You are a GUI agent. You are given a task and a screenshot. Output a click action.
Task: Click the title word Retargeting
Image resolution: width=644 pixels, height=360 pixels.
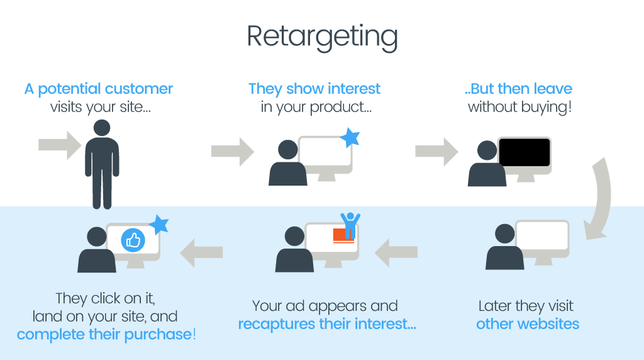pos(322,37)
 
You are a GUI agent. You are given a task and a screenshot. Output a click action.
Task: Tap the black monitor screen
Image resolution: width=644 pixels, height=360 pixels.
pos(525,153)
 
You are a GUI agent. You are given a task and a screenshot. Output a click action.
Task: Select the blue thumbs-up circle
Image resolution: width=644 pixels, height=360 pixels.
pos(133,240)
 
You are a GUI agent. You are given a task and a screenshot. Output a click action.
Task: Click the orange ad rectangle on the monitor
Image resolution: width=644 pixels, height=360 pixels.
pos(343,236)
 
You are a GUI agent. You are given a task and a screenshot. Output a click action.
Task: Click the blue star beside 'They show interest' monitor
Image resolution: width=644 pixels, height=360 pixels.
pos(350,138)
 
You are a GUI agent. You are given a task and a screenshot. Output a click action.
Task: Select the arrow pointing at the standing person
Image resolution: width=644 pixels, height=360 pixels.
pos(60,145)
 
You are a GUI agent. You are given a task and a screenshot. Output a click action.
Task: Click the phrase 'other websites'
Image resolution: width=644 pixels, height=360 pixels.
pos(527,324)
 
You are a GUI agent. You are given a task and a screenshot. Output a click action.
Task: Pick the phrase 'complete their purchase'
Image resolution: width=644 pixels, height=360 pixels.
pos(104,334)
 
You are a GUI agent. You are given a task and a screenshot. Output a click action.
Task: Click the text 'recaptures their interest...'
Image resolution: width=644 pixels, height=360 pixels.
pos(326,324)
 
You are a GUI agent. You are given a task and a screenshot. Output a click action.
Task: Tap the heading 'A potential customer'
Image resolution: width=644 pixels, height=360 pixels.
pos(99,89)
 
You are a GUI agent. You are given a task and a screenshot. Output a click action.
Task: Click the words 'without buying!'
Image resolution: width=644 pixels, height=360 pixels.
pos(520,106)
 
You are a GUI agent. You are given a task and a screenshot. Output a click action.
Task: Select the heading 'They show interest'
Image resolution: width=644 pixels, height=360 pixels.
pos(314,89)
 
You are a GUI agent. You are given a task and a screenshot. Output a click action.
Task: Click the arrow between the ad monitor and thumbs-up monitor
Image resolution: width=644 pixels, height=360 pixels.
pos(201,252)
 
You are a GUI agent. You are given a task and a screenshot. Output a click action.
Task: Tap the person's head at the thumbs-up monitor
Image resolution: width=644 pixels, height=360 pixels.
pos(97,237)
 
